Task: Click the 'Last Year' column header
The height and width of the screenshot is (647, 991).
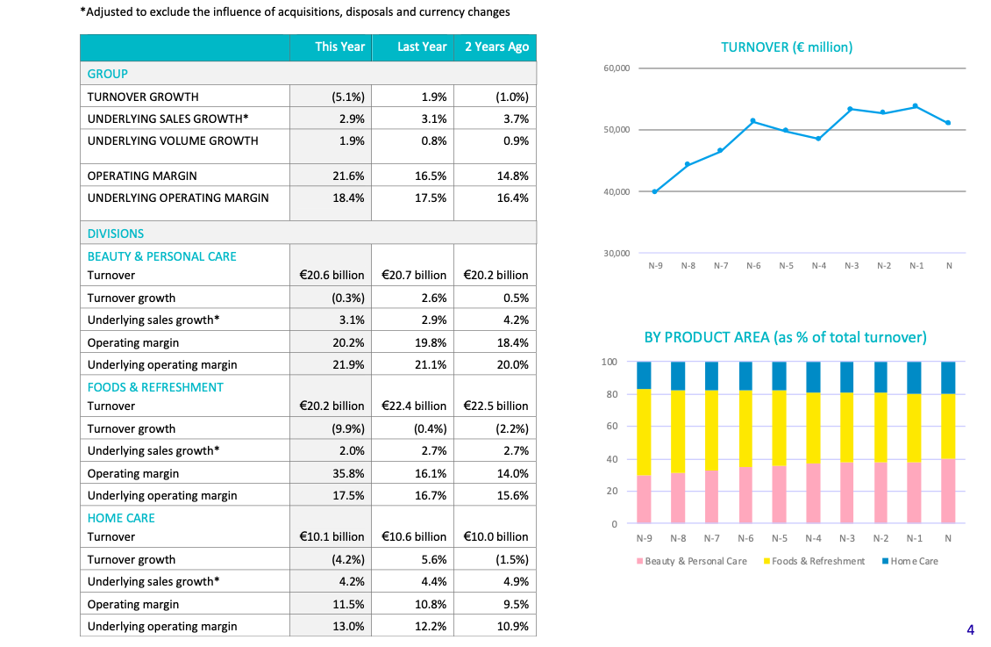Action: point(422,47)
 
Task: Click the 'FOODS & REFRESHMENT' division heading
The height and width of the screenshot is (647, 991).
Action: point(155,387)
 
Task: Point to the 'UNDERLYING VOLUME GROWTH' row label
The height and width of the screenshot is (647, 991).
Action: point(173,141)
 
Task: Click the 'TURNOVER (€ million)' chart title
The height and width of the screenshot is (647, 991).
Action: point(786,47)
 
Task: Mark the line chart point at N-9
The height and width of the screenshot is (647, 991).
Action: point(655,191)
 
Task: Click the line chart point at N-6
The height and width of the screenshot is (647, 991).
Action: point(753,121)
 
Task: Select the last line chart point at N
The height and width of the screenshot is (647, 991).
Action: point(949,123)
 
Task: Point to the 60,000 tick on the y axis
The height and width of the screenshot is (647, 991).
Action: point(617,68)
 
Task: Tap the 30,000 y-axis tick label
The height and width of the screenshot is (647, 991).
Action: point(617,254)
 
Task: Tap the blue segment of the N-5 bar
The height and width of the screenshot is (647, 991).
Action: point(779,376)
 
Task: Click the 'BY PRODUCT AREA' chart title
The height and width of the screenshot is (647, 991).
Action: point(785,338)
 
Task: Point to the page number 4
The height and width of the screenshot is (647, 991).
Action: point(970,629)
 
